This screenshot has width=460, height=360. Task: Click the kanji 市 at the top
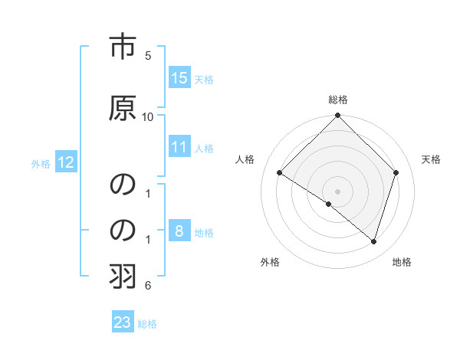[x=123, y=48]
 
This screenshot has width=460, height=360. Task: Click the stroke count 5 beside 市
[x=147, y=55]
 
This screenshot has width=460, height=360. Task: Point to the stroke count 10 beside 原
[x=147, y=116]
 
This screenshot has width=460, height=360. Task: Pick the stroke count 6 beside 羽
[x=147, y=286]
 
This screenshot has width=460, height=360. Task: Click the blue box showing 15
[x=179, y=78]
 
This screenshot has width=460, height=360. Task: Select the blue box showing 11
[x=179, y=147]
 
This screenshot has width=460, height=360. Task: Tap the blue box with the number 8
[x=179, y=231]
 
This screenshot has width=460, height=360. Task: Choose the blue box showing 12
[x=66, y=162]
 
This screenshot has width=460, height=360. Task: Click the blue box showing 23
[x=123, y=322]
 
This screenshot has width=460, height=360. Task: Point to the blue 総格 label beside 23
[x=147, y=323]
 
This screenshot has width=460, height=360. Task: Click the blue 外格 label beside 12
[x=41, y=163]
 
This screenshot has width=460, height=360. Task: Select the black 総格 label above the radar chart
[x=338, y=100]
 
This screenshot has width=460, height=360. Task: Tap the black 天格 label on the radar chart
[x=431, y=159]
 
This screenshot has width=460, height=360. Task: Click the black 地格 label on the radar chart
[x=402, y=262]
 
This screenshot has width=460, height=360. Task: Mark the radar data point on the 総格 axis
[x=338, y=116]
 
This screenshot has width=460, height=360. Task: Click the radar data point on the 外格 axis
[x=329, y=204]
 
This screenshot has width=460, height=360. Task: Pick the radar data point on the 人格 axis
[x=280, y=173]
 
